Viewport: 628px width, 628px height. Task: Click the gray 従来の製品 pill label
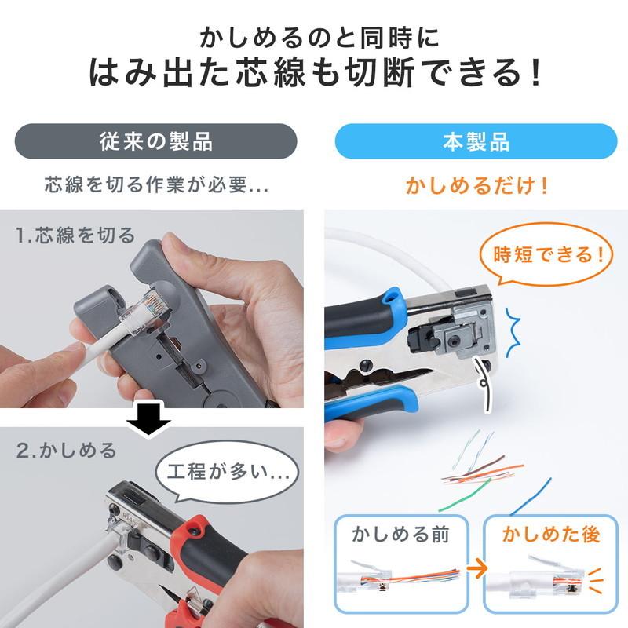[x=156, y=141]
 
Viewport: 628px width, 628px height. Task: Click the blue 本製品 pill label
[x=476, y=141]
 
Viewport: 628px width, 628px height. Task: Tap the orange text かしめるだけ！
[x=476, y=186]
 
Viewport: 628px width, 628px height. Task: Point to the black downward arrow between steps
[x=148, y=422]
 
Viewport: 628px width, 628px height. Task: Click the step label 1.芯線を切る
[x=75, y=235]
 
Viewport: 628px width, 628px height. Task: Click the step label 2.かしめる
[x=67, y=451]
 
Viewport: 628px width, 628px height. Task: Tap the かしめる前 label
[x=400, y=536]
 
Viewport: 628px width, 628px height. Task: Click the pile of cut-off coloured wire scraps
[x=479, y=471]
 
